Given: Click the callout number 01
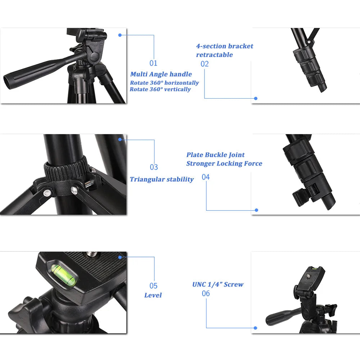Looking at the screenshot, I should click(x=154, y=63).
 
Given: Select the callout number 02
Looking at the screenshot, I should click(x=205, y=64).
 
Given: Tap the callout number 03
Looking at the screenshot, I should click(x=154, y=167).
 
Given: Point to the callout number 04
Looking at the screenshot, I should click(x=206, y=177).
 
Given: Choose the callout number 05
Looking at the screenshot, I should click(x=154, y=286).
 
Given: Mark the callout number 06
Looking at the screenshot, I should click(x=206, y=293).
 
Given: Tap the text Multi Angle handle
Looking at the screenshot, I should click(x=161, y=74).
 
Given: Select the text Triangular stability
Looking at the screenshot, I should click(x=162, y=179).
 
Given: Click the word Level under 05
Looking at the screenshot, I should click(x=153, y=295).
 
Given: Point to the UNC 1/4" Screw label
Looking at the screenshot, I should click(x=218, y=284).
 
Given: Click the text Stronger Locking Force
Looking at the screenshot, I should click(x=224, y=163).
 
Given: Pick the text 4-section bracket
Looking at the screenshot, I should click(x=225, y=46).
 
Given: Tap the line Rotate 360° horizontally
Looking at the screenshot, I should click(x=164, y=83).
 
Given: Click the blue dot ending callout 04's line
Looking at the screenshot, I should click(x=256, y=210).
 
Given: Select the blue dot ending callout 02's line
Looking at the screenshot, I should click(x=256, y=98).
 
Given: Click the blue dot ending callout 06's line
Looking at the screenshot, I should click(x=255, y=328).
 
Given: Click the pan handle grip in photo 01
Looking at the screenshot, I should click(x=29, y=72).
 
